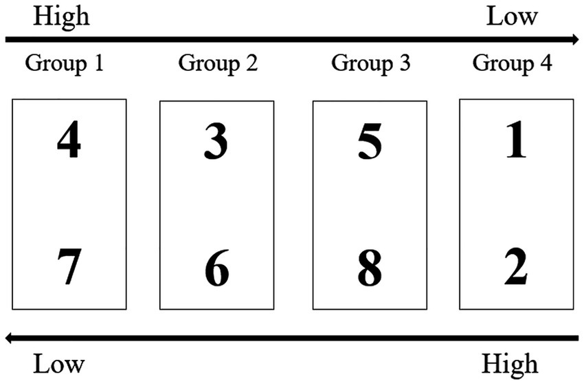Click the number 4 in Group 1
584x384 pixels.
[69, 141]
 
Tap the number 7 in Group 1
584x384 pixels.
[69, 268]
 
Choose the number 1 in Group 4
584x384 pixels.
[516, 141]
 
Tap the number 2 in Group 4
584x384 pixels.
[516, 268]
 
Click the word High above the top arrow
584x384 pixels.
[61, 16]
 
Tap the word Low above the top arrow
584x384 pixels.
[512, 16]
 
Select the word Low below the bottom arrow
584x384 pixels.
[60, 363]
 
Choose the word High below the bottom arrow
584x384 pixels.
[510, 363]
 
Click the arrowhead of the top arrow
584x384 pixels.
[573, 39]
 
